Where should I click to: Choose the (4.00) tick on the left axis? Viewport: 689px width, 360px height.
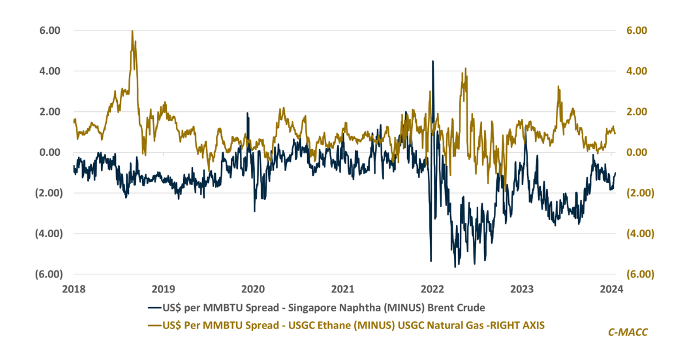pyautogui.click(x=48, y=234)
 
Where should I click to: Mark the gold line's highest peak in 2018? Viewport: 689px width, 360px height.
pyautogui.click(x=133, y=31)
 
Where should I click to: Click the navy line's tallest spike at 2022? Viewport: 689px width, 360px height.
pyautogui.click(x=432, y=61)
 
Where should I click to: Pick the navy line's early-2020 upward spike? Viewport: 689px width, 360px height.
pyautogui.click(x=247, y=113)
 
